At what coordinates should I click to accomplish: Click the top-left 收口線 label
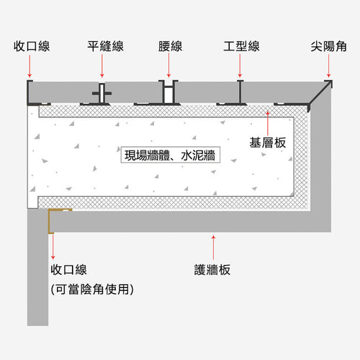click(32, 46)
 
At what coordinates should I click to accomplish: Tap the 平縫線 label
click(105, 46)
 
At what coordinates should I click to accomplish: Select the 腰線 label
click(170, 46)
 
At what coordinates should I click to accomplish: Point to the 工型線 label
click(241, 46)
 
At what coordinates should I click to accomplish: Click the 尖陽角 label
click(328, 46)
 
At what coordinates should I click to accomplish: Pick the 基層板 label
click(268, 143)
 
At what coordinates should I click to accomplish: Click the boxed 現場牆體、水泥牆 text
click(170, 156)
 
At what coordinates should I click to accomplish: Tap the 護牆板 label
click(212, 270)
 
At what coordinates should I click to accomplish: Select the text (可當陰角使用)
click(92, 289)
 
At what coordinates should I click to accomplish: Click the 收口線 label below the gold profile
click(68, 270)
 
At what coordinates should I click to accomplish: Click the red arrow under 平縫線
click(102, 66)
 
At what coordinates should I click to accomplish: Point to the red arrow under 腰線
click(168, 66)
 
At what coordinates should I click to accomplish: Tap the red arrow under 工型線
click(240, 66)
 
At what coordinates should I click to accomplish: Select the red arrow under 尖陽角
click(328, 66)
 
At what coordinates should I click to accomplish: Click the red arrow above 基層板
click(268, 123)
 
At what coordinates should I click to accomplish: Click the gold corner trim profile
click(50, 221)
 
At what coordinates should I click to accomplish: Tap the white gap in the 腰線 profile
click(168, 94)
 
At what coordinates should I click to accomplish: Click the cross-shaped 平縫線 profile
click(102, 94)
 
